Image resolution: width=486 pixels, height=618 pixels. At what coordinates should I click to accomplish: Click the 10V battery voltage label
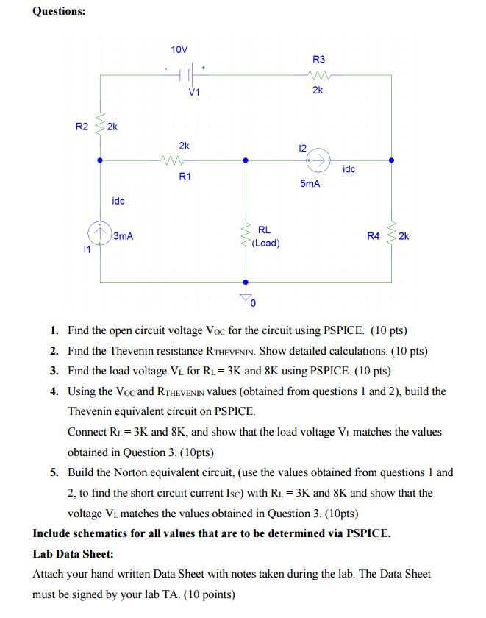tap(179, 50)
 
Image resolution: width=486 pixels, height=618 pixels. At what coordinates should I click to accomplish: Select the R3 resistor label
tap(318, 59)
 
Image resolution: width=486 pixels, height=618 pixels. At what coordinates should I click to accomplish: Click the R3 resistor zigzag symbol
tap(318, 74)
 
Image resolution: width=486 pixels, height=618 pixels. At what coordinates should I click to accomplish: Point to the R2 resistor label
tap(82, 127)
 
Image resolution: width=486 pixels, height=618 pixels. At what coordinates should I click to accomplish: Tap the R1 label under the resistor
tap(185, 177)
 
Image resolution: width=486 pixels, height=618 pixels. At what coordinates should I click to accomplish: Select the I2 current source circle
tap(319, 159)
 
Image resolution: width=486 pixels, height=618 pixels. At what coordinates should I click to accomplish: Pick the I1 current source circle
tap(100, 233)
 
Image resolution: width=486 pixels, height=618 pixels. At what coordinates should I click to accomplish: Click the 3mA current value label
tap(124, 236)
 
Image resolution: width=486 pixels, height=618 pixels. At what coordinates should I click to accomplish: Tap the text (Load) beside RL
tap(265, 243)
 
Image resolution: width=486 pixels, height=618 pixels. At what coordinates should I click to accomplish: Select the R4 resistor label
tap(373, 236)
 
